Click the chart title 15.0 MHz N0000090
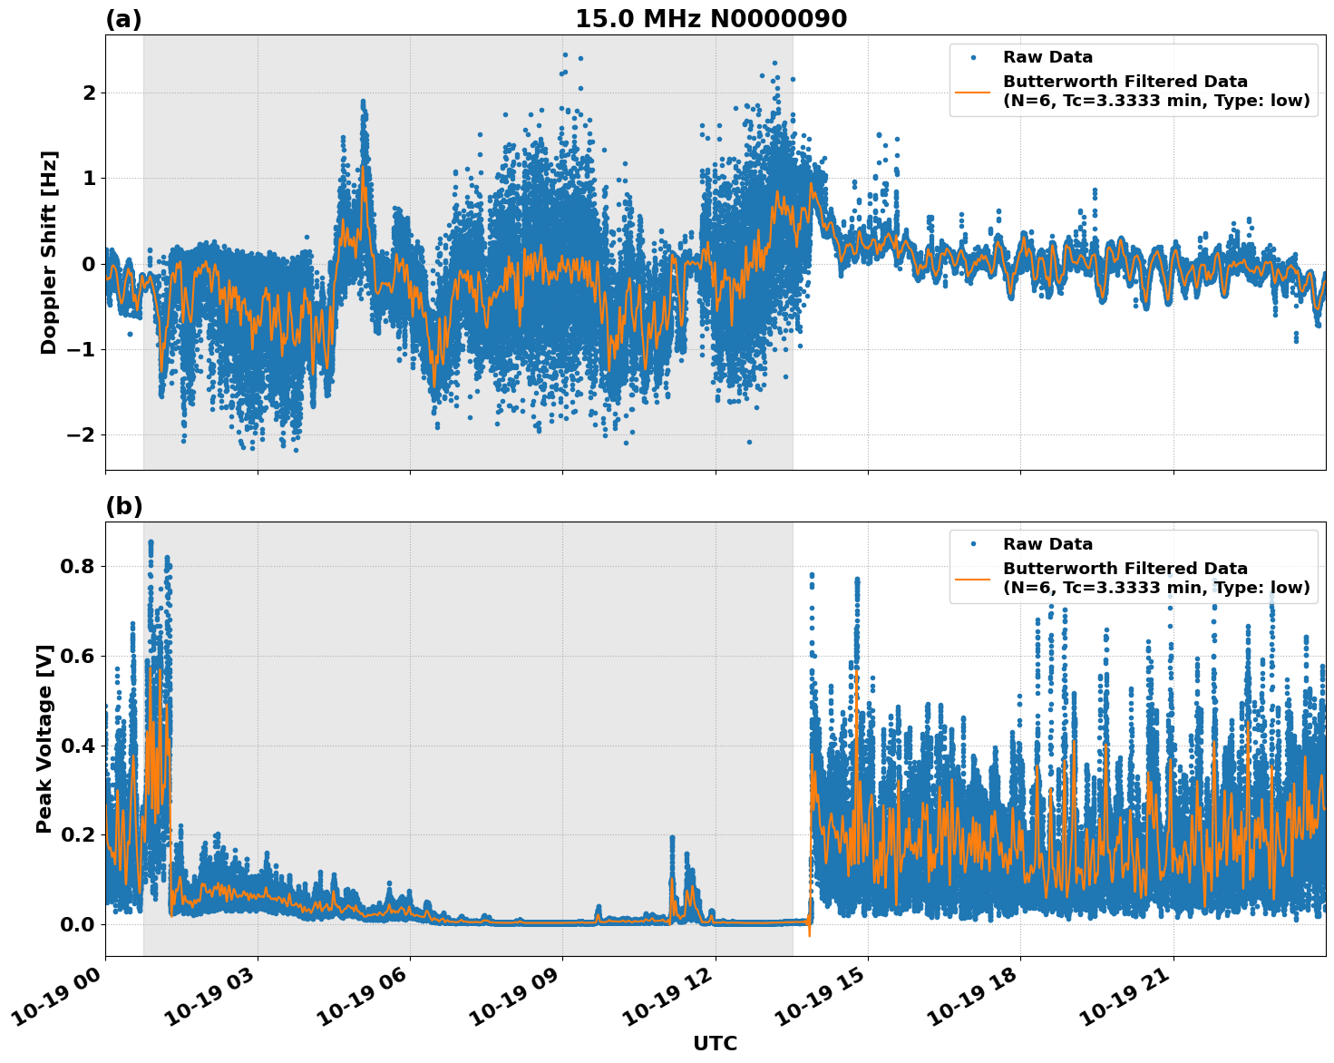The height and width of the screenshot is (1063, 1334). click(x=711, y=19)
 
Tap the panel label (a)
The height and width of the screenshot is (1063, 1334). click(x=123, y=19)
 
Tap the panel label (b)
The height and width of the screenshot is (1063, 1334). click(x=123, y=506)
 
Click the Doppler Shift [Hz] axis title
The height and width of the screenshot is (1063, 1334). click(x=49, y=252)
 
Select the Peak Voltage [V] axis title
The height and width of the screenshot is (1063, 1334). click(x=44, y=738)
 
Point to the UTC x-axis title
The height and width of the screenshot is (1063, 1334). click(x=715, y=1043)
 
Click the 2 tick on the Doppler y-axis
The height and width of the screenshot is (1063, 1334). click(x=90, y=93)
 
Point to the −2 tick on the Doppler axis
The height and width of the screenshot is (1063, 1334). click(x=83, y=434)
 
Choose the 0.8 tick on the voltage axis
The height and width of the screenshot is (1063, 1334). click(x=78, y=566)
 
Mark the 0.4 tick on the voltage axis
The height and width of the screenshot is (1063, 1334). click(x=78, y=746)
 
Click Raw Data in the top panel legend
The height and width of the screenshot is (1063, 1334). click(x=1047, y=57)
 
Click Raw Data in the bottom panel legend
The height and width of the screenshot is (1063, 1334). click(x=1047, y=544)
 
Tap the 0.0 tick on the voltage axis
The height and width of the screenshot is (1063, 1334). click(x=78, y=924)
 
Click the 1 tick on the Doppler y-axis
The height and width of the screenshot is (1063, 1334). click(x=90, y=178)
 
